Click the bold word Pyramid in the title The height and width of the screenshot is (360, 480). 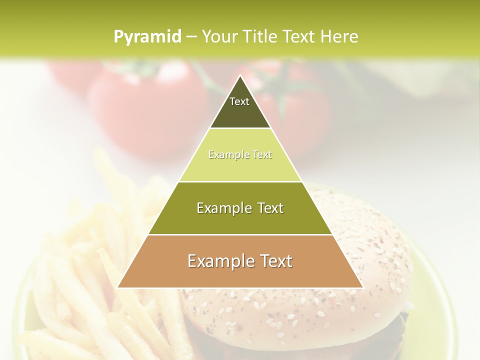[x=147, y=37]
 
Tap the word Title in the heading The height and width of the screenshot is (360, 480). [x=261, y=36]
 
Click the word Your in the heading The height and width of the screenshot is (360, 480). [x=219, y=36]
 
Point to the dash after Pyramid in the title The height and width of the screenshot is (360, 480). [x=191, y=37]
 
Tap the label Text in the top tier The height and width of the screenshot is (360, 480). [x=239, y=101]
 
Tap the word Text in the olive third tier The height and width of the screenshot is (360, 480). [x=269, y=208]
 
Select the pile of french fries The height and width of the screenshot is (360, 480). [x=90, y=280]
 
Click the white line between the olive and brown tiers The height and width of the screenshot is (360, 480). [x=240, y=234]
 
